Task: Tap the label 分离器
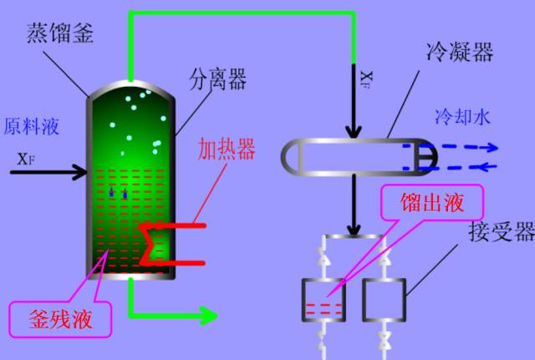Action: pyautogui.click(x=217, y=80)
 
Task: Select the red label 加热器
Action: pyautogui.click(x=226, y=149)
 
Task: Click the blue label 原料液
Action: pyautogui.click(x=32, y=127)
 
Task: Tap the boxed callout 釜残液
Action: pyautogui.click(x=61, y=319)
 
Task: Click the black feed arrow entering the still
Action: pyautogui.click(x=50, y=173)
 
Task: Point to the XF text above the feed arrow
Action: pyautogui.click(x=26, y=157)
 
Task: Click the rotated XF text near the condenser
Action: pyautogui.click(x=366, y=79)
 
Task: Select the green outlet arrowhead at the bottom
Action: pyautogui.click(x=207, y=316)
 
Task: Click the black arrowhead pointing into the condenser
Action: pyautogui.click(x=354, y=133)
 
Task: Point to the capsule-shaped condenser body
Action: pyautogui.click(x=351, y=156)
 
